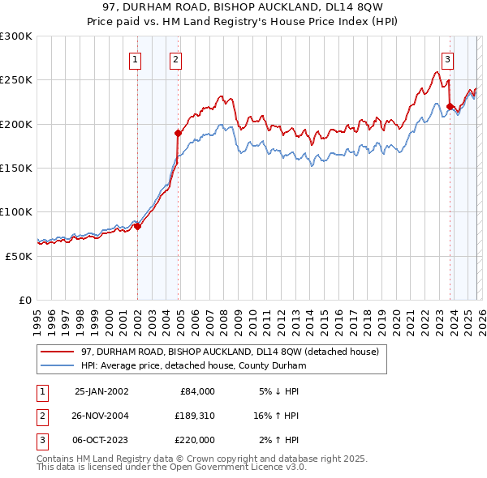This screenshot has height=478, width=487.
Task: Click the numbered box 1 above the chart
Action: point(135,58)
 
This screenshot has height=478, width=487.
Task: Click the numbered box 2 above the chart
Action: point(175,58)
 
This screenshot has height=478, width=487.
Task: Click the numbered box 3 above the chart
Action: point(447,58)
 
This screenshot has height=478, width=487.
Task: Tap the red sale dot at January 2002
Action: point(137,226)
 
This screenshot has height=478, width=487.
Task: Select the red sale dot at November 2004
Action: point(178,132)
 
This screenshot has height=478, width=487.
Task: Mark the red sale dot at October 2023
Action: point(449,105)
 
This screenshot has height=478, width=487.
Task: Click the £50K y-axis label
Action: point(19,255)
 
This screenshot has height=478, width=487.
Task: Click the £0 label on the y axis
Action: point(24,300)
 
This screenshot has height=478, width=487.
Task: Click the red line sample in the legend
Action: point(58,352)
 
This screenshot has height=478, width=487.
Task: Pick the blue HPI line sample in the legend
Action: point(58,365)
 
